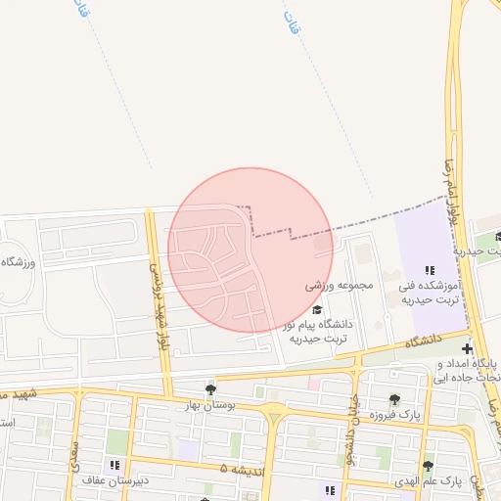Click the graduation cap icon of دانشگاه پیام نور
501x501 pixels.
[x=316, y=309]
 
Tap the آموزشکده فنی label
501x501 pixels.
[x=429, y=286]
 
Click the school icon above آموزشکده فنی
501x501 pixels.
[x=429, y=270]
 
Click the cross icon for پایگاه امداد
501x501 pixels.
[x=468, y=349]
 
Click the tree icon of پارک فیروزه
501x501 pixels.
[x=394, y=399]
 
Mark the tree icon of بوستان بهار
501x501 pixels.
[x=210, y=389]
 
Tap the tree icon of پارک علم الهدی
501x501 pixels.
[x=428, y=466]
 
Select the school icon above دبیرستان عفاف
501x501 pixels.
[x=114, y=465]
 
